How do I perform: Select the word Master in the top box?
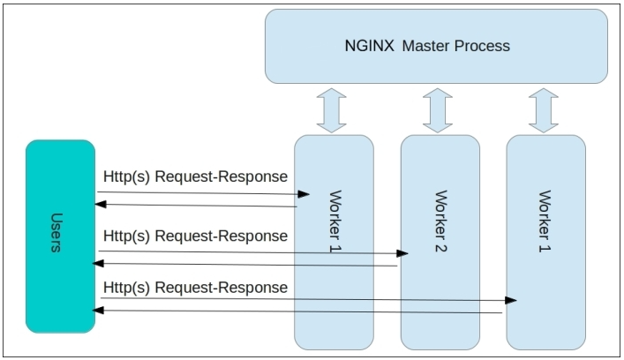pyautogui.click(x=425, y=45)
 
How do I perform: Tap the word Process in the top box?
pyautogui.click(x=481, y=45)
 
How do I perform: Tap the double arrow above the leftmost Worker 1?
pyautogui.click(x=333, y=110)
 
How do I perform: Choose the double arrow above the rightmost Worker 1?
pyautogui.click(x=544, y=110)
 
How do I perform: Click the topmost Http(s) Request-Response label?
pyautogui.click(x=195, y=176)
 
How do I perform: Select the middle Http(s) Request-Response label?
pyautogui.click(x=195, y=236)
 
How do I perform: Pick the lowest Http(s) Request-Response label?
pyautogui.click(x=195, y=289)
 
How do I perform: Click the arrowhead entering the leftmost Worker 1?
pyautogui.click(x=305, y=193)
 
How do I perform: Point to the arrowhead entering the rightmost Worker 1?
pyautogui.click(x=512, y=301)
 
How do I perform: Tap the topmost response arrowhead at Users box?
pyautogui.click(x=101, y=205)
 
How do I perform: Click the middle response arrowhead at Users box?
pyautogui.click(x=101, y=263)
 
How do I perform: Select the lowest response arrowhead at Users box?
pyautogui.click(x=101, y=310)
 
